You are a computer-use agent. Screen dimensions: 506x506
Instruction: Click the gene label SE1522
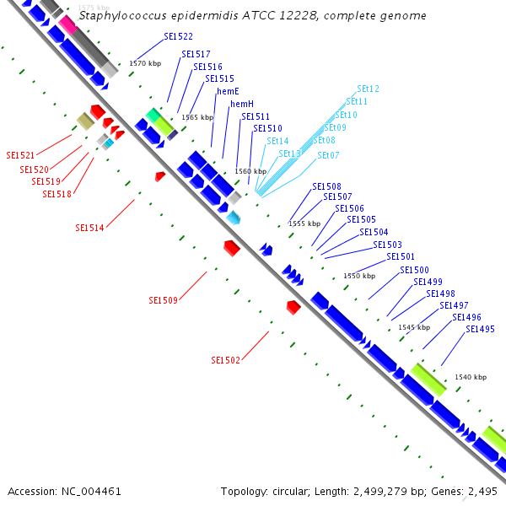tap(177, 37)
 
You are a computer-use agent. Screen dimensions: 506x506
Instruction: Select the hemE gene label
tap(228, 91)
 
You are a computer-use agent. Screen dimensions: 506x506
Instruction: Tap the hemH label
tap(242, 104)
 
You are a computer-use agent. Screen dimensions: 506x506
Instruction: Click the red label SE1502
tap(225, 360)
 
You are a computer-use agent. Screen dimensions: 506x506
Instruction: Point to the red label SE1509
tap(163, 300)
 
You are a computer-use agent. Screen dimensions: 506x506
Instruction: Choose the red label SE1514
tap(89, 228)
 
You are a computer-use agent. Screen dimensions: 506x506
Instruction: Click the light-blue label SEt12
tap(368, 89)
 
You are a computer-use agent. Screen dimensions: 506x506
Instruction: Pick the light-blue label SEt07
tap(328, 155)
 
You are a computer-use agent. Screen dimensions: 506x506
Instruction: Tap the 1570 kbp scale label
tap(144, 63)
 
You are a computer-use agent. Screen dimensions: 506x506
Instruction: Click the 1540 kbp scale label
tap(470, 377)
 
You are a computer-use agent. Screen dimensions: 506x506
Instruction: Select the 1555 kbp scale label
tap(304, 223)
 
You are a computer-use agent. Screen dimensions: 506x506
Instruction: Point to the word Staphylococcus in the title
tap(118, 16)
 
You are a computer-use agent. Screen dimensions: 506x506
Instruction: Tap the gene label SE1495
tap(480, 329)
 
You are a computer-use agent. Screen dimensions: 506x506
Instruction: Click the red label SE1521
tap(20, 155)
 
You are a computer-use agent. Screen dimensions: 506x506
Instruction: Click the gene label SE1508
tap(326, 186)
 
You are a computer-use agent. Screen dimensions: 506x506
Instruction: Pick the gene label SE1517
tap(196, 54)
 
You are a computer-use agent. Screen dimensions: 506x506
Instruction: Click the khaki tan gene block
tap(84, 121)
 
